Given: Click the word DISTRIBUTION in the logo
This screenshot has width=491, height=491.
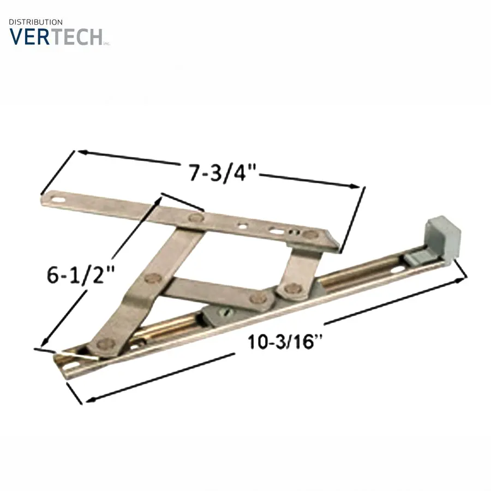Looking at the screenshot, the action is click(x=35, y=22).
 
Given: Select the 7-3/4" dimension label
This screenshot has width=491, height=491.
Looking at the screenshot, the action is click(x=223, y=173).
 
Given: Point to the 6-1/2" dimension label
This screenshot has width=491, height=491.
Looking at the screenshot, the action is click(x=80, y=274).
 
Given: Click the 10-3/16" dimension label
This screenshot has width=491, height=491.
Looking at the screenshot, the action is click(x=285, y=342).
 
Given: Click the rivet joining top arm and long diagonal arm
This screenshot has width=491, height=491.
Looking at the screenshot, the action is click(x=196, y=217).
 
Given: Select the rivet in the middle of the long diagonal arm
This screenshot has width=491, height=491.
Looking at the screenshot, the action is click(x=153, y=278).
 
